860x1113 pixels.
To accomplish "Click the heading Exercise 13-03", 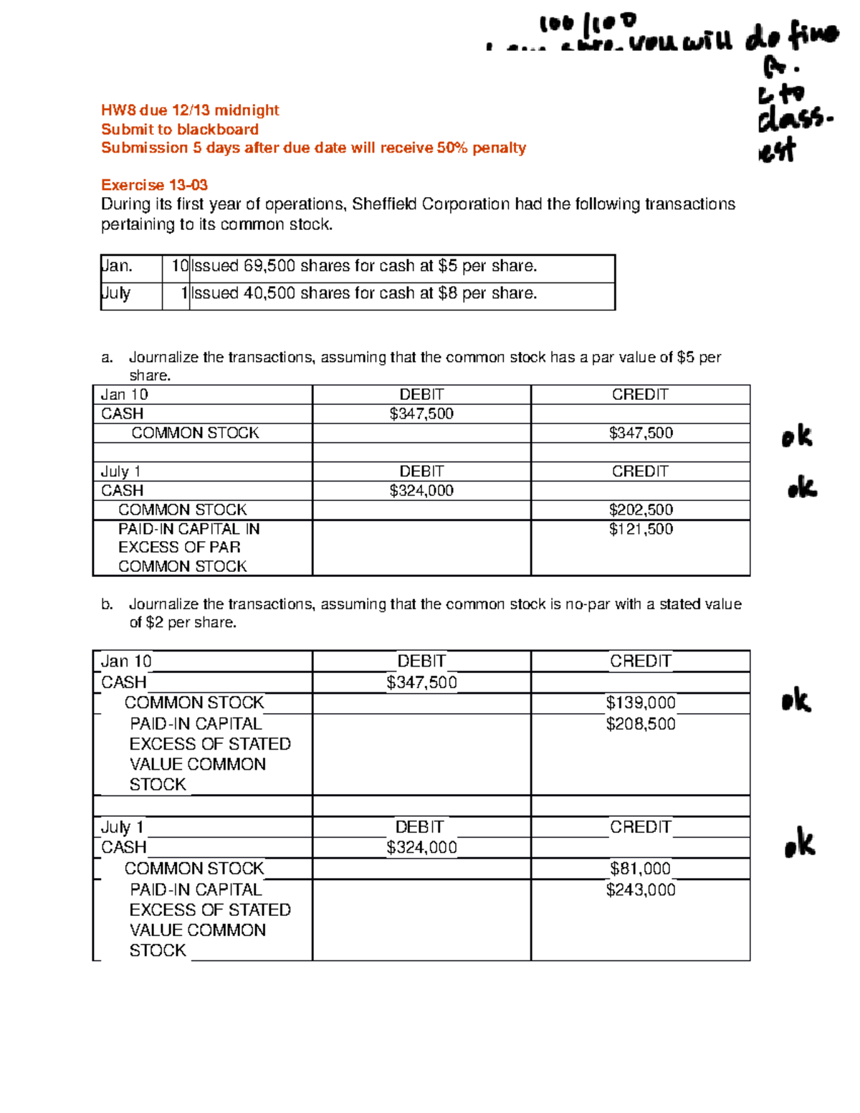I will pos(154,185).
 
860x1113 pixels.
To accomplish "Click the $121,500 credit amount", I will pos(641,529).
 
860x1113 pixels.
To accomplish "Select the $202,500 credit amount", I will pos(641,510).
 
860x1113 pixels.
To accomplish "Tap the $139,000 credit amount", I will pos(641,702).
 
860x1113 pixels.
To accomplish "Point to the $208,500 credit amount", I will pos(641,724).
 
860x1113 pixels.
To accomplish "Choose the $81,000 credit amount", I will pos(641,869).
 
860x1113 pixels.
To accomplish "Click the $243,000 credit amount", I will pos(641,889).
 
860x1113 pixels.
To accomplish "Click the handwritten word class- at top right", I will pos(794,119).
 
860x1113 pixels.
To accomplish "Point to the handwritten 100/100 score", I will pos(587,25).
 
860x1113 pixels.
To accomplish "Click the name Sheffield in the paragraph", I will pos(384,204).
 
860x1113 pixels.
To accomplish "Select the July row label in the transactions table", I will pos(116,293).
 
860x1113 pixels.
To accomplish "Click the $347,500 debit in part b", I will pos(421,682).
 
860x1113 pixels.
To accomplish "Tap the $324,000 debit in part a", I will pos(421,490).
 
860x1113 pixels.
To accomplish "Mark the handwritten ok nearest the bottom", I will pos(800,844).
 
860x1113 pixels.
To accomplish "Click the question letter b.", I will pos(107,604).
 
